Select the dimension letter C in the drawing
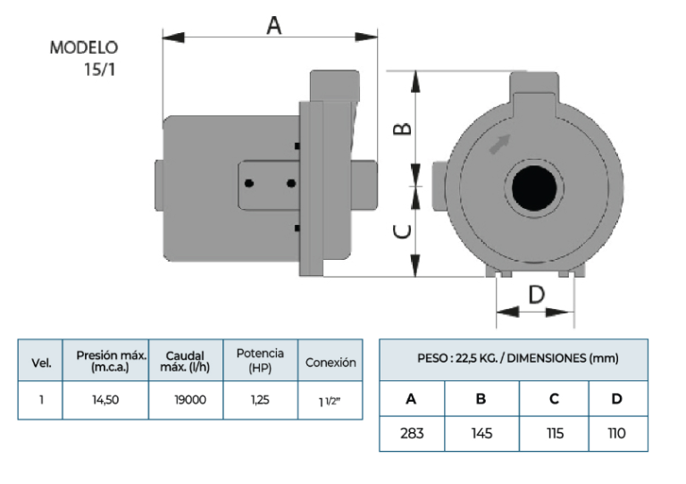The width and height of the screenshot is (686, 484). coord(403,231)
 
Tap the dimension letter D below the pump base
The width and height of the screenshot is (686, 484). coord(536,295)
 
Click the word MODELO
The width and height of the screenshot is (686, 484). coord(84,48)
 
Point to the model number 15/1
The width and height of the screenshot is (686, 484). coord(99,69)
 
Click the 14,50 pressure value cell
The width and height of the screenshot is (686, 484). coord(105,400)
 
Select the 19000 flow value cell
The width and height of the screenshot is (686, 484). coord(190,400)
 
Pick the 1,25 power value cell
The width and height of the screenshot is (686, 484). coord(259,400)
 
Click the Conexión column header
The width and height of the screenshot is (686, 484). coord(330,363)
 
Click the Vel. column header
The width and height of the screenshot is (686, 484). coord(41,363)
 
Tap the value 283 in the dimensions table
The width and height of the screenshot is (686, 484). coord(412,434)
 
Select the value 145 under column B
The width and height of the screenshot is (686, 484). coord(481,434)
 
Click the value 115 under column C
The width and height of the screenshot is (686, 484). coord(554,434)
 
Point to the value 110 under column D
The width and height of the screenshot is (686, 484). coord(616,434)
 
